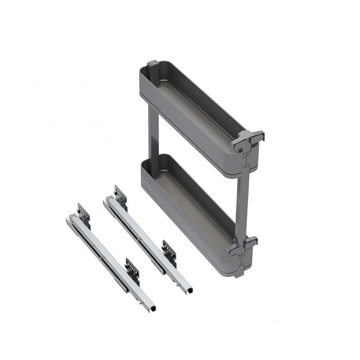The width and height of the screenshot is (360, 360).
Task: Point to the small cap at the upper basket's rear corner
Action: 152,65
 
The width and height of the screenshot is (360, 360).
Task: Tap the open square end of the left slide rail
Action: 150,308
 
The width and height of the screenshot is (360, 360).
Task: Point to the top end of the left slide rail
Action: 70,218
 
